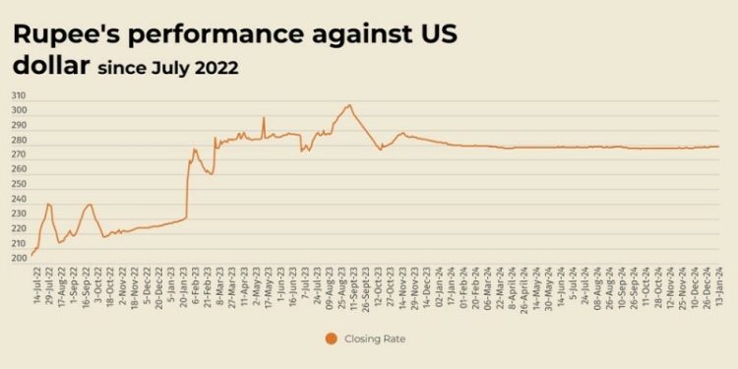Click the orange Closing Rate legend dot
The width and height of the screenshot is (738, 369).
tap(331, 338)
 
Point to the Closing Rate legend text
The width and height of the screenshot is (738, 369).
tap(377, 338)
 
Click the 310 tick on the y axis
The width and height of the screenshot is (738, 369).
tap(20, 96)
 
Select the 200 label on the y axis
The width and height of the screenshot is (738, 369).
tap(20, 258)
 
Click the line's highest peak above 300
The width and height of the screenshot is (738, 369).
tap(348, 105)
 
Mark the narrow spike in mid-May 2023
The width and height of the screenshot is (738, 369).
tap(264, 118)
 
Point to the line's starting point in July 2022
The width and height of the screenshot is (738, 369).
tap(32, 254)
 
